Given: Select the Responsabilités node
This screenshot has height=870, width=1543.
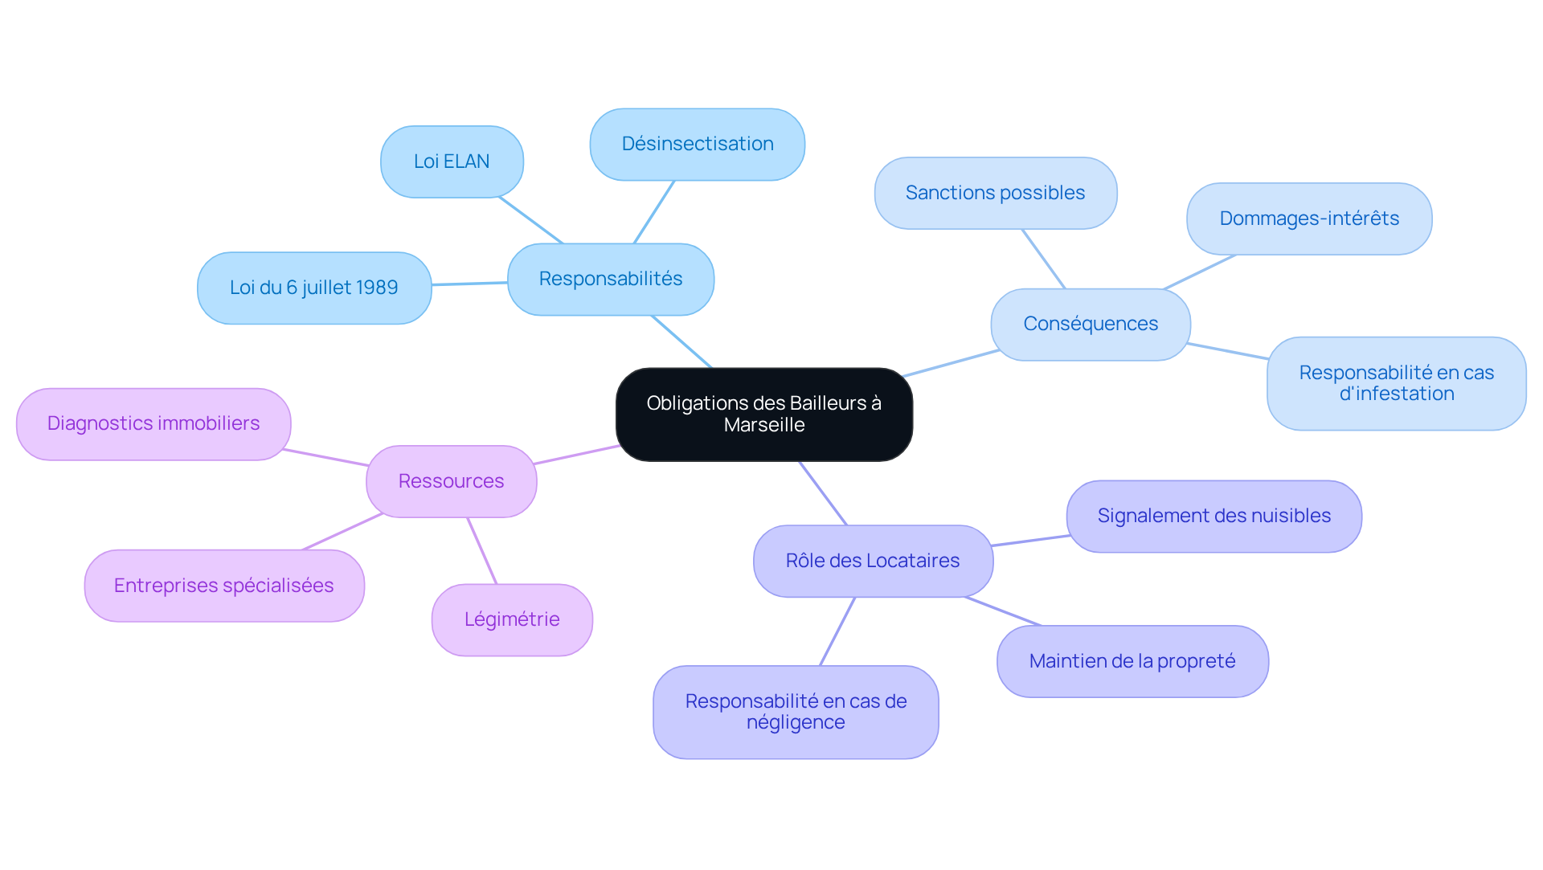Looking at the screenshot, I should (x=610, y=280).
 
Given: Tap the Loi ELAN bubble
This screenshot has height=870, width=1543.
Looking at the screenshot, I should (x=452, y=161).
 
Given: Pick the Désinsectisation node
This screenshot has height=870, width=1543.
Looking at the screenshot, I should (x=697, y=145).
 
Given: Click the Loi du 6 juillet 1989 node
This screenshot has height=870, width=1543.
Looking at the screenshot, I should (x=313, y=288).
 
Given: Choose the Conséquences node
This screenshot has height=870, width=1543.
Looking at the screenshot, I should (x=1090, y=325).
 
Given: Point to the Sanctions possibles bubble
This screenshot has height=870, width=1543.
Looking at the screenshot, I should (x=995, y=193).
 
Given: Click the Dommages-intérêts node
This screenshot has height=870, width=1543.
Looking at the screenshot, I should (x=1308, y=219).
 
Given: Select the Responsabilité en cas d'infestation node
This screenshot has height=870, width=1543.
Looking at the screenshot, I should (x=1396, y=383).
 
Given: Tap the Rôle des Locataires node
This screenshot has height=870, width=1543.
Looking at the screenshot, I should (x=873, y=561).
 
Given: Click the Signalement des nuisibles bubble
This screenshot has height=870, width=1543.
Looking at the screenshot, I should (x=1214, y=516).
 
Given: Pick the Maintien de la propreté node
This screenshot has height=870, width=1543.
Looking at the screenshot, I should (x=1132, y=661).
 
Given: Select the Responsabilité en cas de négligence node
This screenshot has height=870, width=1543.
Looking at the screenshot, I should (x=796, y=712).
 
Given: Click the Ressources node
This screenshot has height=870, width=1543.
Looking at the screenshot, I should (x=451, y=481).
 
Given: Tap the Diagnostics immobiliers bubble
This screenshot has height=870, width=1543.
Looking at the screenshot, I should (x=153, y=423).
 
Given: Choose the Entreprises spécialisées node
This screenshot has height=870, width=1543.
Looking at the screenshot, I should (x=224, y=586).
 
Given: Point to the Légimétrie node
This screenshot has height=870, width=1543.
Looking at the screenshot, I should (x=512, y=619).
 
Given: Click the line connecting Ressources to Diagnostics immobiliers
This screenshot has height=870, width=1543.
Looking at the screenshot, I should (x=325, y=457).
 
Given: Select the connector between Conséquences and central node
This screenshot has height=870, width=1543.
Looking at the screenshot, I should (x=951, y=363).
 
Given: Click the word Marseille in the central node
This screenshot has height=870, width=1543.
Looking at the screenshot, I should (x=764, y=425).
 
